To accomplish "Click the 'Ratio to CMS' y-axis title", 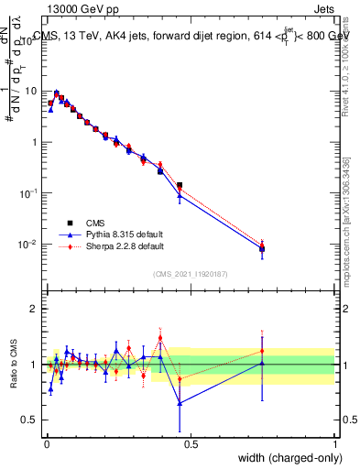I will (16, 364).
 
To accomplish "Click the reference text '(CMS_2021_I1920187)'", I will (190, 273).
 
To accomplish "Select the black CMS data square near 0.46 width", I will (180, 186).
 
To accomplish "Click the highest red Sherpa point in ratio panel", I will (160, 337).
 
